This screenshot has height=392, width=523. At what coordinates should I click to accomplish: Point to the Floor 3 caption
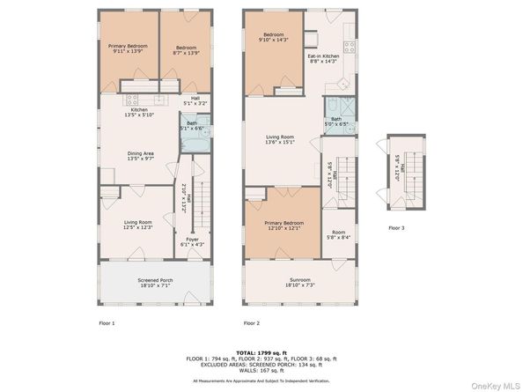397,227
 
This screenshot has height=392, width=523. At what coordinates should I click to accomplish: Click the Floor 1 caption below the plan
107,323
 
